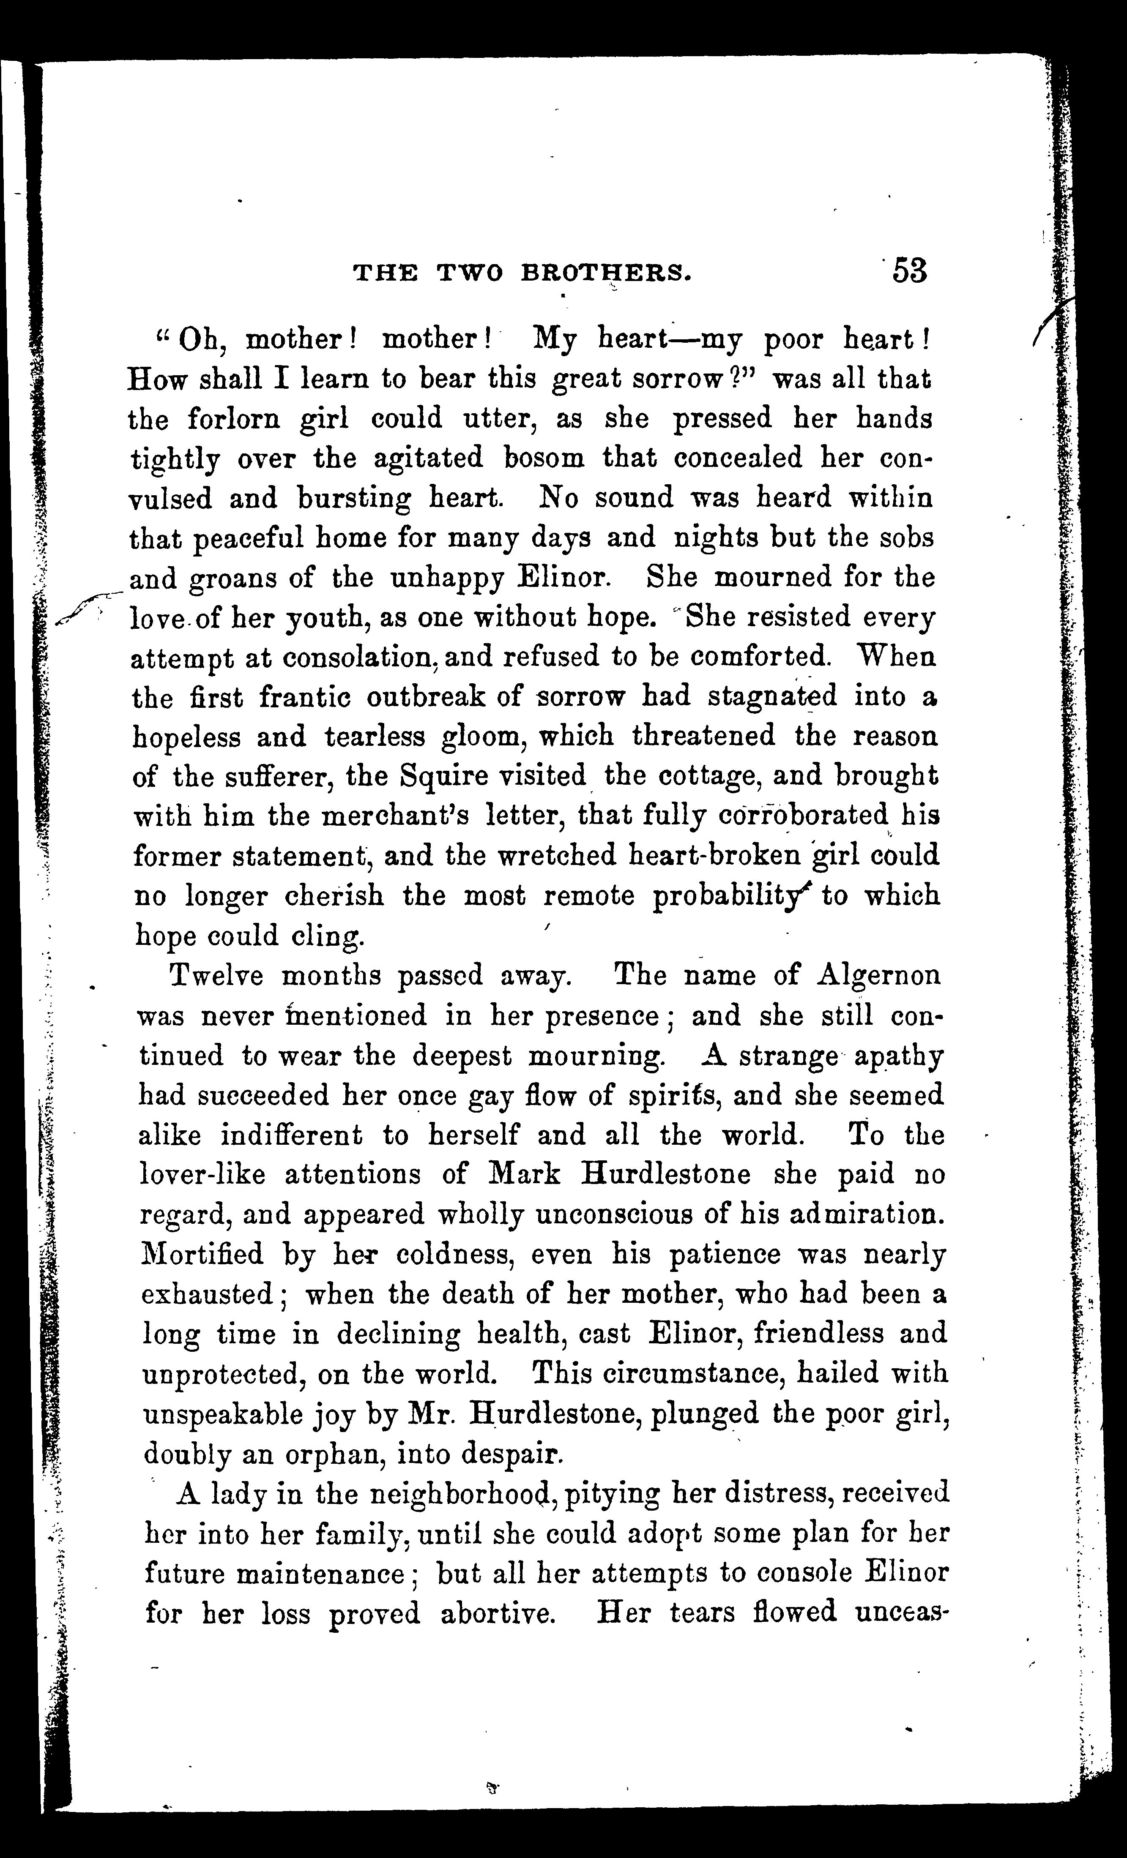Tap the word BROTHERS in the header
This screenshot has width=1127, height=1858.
click(607, 272)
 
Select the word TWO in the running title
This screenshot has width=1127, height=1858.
click(471, 272)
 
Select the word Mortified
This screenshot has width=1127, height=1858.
click(202, 1254)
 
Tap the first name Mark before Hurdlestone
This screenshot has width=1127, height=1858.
click(524, 1174)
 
